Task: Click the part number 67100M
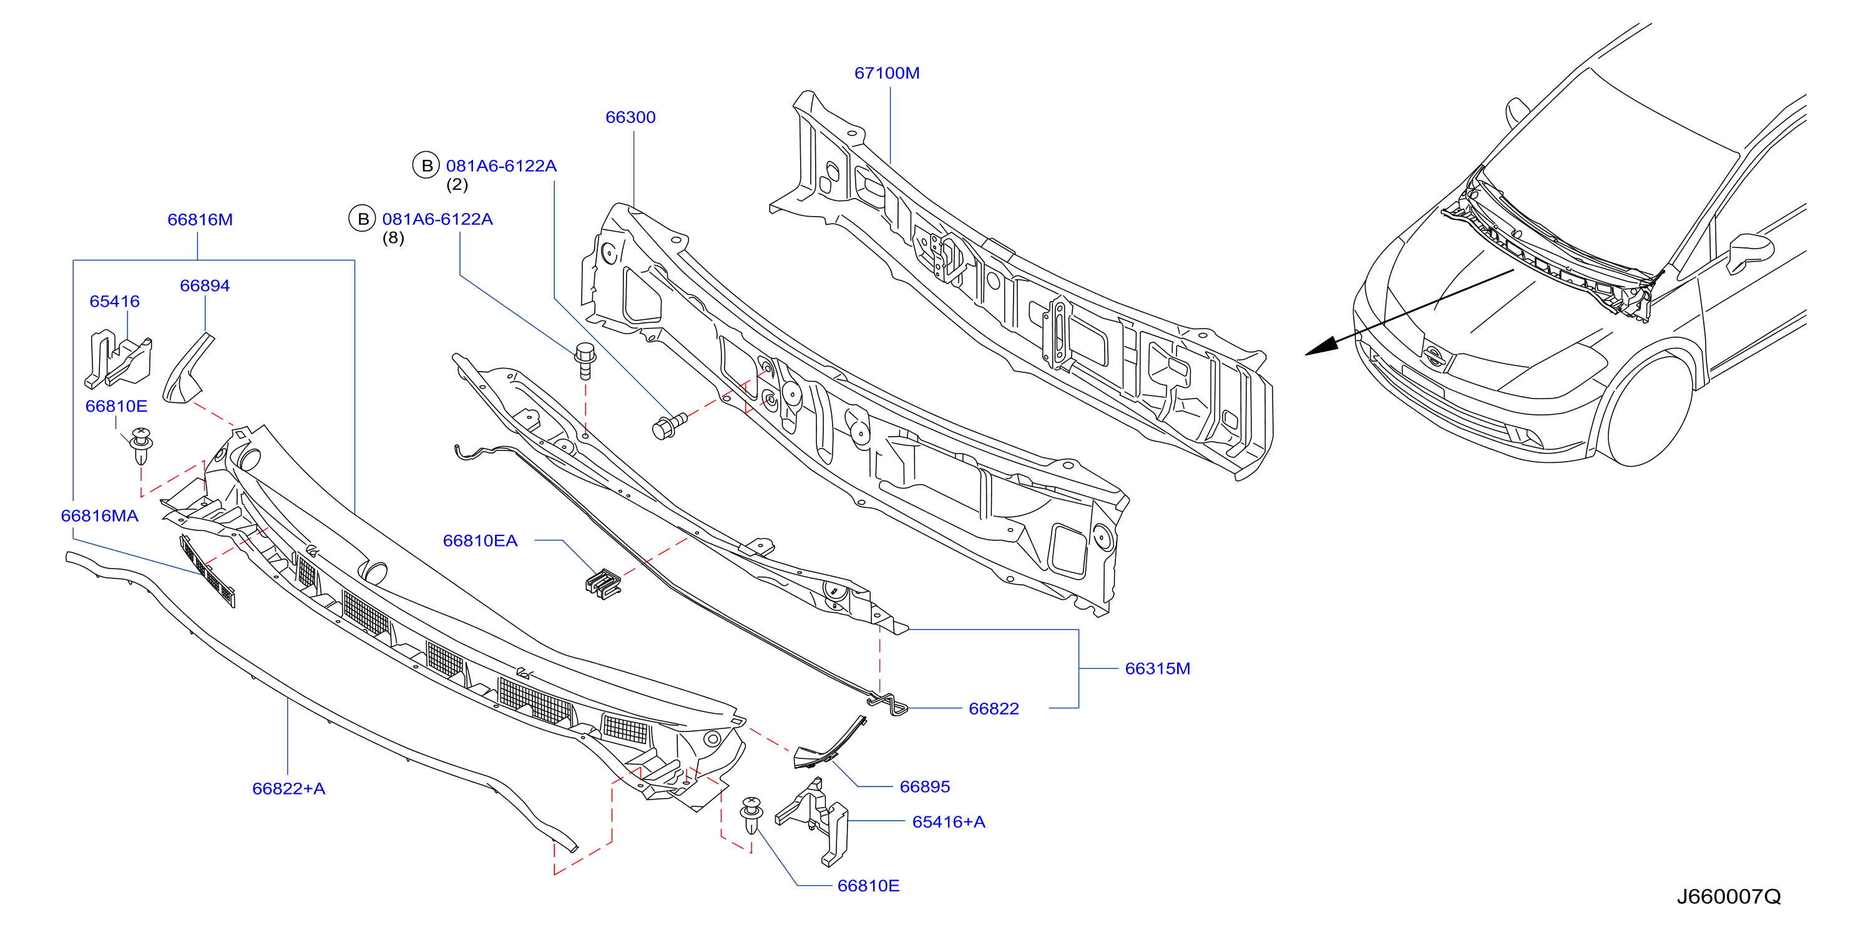coord(886,72)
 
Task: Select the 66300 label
coord(630,117)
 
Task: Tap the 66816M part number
coord(200,219)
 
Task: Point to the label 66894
coord(204,285)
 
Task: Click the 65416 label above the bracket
coord(114,302)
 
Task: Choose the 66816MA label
coord(99,515)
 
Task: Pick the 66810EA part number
coord(480,540)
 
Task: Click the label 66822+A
coord(288,789)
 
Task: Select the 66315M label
coord(1157,668)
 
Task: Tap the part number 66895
coord(924,786)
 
